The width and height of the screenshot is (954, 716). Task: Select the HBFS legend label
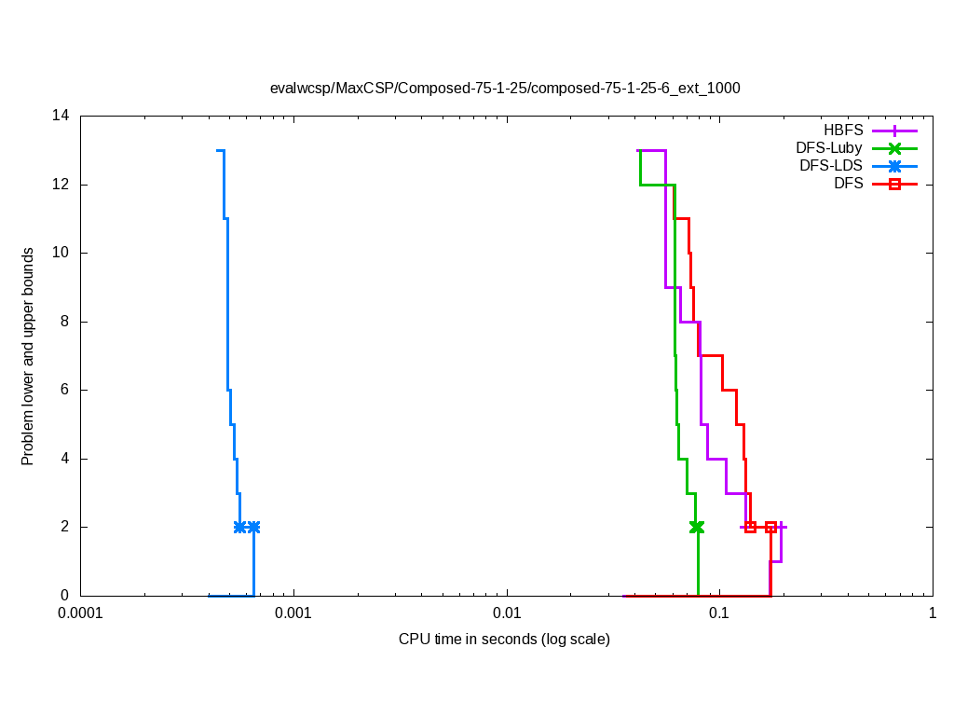(843, 130)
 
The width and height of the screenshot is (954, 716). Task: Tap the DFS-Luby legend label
(829, 147)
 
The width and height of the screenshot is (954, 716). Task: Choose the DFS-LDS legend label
(831, 166)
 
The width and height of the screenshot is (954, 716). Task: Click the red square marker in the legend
(894, 184)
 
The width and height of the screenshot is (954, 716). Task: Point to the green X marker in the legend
(894, 147)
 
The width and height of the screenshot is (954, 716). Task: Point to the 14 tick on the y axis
(61, 117)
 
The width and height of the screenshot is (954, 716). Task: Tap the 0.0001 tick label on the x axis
(80, 614)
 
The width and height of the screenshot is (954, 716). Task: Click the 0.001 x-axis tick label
(294, 614)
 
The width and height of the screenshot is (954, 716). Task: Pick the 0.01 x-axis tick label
(507, 614)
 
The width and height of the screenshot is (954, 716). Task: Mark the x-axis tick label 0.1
(719, 614)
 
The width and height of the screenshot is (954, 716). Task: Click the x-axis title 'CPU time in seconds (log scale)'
(504, 640)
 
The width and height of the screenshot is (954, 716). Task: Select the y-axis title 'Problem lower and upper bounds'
(28, 357)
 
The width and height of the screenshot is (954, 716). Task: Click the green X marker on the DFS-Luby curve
(696, 527)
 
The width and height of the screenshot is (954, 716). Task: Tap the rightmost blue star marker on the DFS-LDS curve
(253, 527)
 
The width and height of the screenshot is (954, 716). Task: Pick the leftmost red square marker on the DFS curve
(751, 527)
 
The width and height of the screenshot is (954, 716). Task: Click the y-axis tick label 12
(61, 185)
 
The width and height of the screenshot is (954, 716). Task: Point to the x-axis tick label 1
(932, 614)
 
